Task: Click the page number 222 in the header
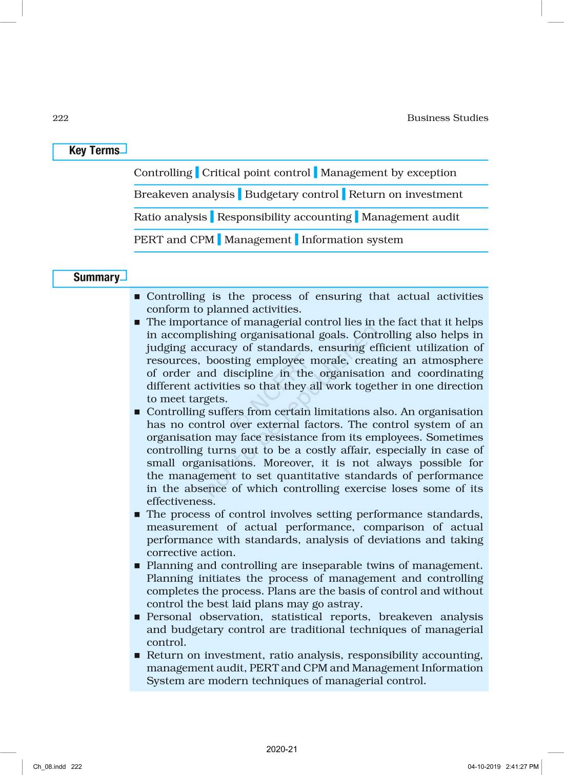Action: pos(61,118)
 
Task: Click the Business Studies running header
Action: pos(447,118)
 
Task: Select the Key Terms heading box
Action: pos(90,151)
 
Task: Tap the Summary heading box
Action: pos(90,278)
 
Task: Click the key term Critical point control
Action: pos(256,173)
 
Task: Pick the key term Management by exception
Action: pos(388,173)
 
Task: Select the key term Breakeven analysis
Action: pos(184,195)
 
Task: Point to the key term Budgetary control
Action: pos(291,195)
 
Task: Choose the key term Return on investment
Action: pos(405,195)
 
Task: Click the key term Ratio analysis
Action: pos(170,217)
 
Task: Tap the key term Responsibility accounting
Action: pos(284,217)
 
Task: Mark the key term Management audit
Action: pos(410,217)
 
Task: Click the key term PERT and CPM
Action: pos(174,240)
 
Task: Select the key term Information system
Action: pos(352,240)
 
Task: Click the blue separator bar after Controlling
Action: pos(197,173)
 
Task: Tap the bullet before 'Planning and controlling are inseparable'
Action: pos(137,566)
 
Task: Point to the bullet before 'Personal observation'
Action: pos(137,618)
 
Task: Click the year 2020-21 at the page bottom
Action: pos(281,749)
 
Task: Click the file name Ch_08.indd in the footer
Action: pos(50,767)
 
